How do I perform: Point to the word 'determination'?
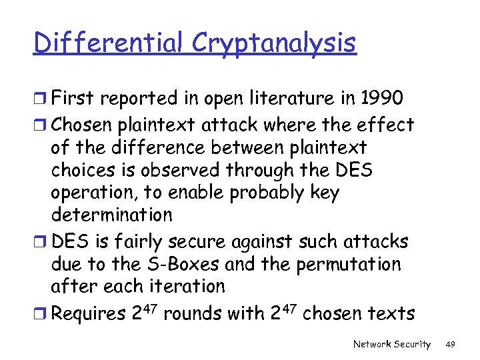[111, 215]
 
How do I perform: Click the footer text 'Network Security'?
[392, 344]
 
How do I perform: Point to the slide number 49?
[450, 344]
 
